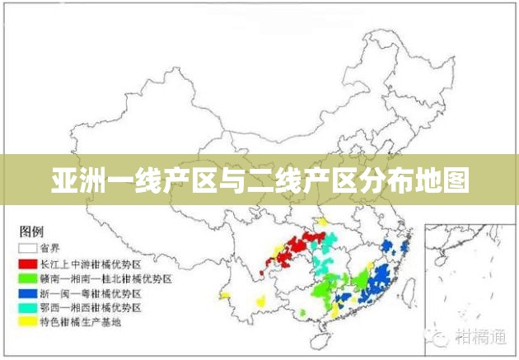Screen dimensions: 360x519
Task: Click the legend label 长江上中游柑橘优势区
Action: [91, 264]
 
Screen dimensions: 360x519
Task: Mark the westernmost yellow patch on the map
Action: [223, 294]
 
